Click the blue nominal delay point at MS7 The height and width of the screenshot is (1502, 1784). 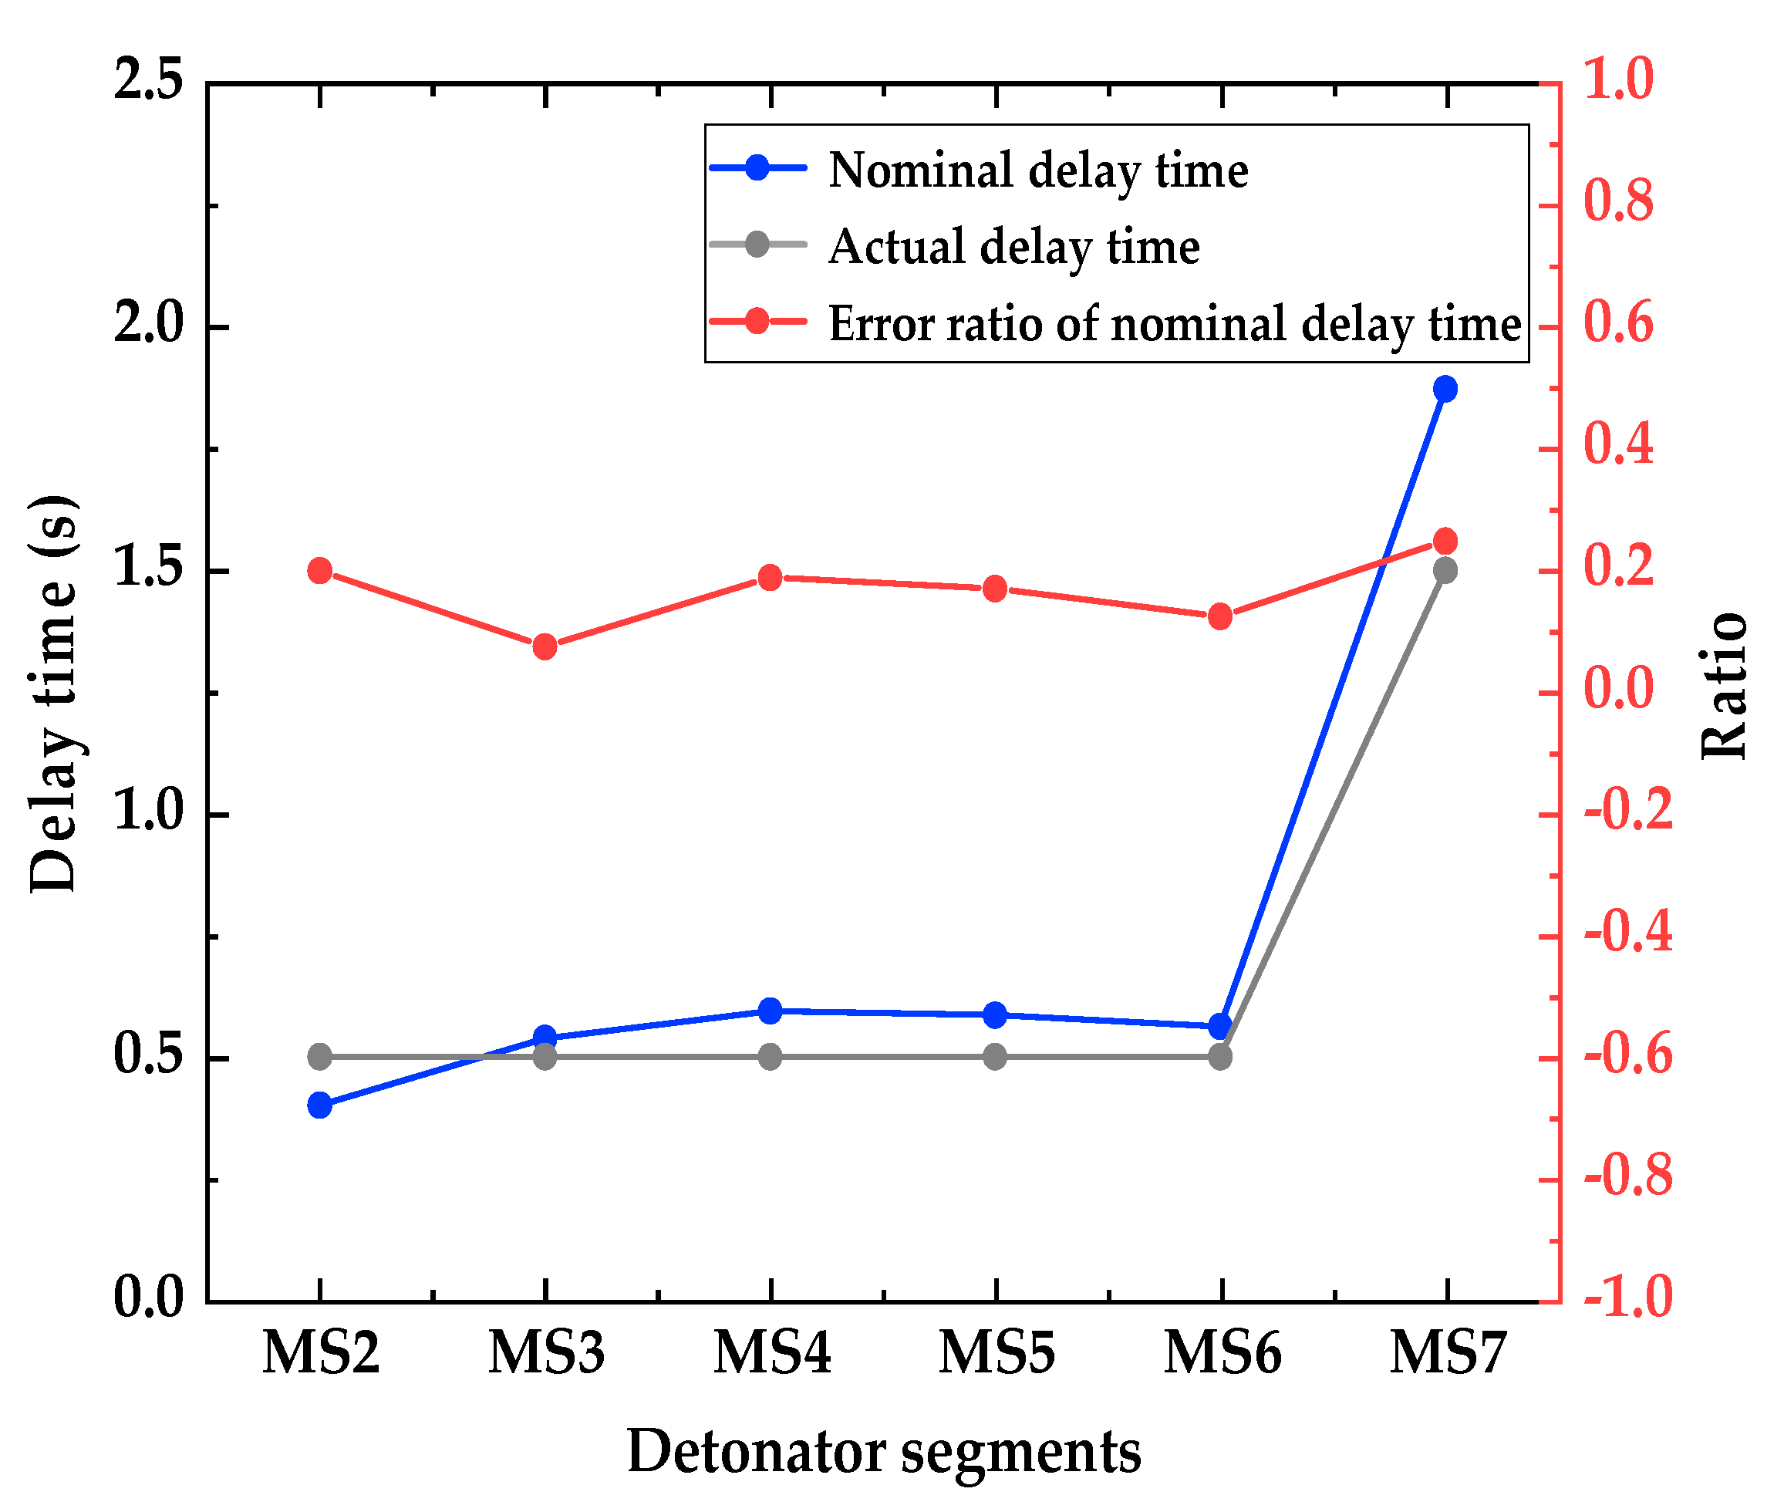pyautogui.click(x=1445, y=389)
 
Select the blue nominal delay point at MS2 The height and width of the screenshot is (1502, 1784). pyautogui.click(x=320, y=1106)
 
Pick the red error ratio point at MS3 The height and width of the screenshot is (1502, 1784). pyautogui.click(x=545, y=647)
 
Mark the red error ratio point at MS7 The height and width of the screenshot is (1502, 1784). pyautogui.click(x=1445, y=541)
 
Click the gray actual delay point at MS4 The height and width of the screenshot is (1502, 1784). pyautogui.click(x=771, y=1058)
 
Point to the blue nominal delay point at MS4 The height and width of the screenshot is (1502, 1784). pyautogui.click(x=771, y=1011)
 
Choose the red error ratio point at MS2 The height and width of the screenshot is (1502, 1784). pyautogui.click(x=320, y=571)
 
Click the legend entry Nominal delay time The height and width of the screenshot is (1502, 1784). pyautogui.click(x=1037, y=170)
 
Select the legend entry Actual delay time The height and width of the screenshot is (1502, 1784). pyautogui.click(x=1013, y=246)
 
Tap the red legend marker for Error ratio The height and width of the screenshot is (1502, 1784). pyautogui.click(x=757, y=322)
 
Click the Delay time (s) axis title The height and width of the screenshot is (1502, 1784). pyautogui.click(x=52, y=694)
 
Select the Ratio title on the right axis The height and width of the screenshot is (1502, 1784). pyautogui.click(x=1723, y=686)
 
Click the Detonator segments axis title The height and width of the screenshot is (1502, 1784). pyautogui.click(x=883, y=1453)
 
